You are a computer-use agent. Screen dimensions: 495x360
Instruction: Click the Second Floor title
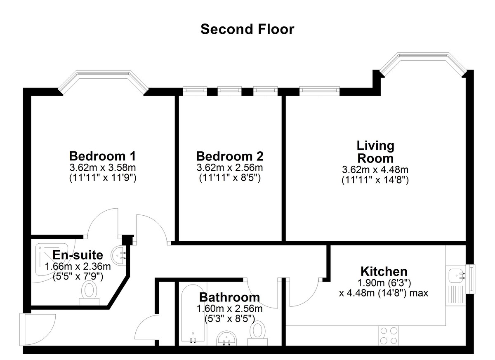[x=247, y=29]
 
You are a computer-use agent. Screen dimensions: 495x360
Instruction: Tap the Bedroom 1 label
[x=102, y=156]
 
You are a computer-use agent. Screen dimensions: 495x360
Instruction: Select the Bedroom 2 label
[x=230, y=156]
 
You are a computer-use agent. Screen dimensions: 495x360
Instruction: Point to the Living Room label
[x=375, y=152]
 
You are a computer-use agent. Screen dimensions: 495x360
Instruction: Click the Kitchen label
[x=384, y=271]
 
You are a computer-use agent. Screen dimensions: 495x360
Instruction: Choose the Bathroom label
[x=229, y=297]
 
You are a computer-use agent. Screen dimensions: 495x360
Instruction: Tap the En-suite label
[x=78, y=255]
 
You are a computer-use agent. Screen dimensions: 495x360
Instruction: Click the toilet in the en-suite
[x=89, y=293]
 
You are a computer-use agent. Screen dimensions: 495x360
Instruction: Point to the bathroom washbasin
[x=226, y=339]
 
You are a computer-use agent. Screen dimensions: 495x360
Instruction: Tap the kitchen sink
[x=456, y=275]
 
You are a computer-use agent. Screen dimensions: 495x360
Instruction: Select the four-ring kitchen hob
[x=389, y=336]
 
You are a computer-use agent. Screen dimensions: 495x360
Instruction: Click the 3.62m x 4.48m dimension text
[x=375, y=169]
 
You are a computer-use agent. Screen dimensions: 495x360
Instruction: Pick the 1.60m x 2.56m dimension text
[x=230, y=308]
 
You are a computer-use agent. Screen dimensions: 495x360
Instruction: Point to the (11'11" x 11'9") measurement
[x=103, y=178]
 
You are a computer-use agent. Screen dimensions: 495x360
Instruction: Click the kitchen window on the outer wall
[x=472, y=279]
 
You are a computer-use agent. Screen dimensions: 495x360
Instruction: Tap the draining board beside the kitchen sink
[x=456, y=295]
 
